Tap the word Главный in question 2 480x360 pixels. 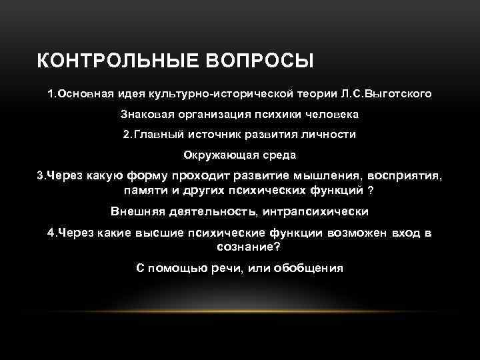click(x=157, y=134)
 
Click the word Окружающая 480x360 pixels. click(x=217, y=155)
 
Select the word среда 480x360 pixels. click(x=280, y=155)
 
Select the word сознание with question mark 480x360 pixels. click(x=249, y=247)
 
